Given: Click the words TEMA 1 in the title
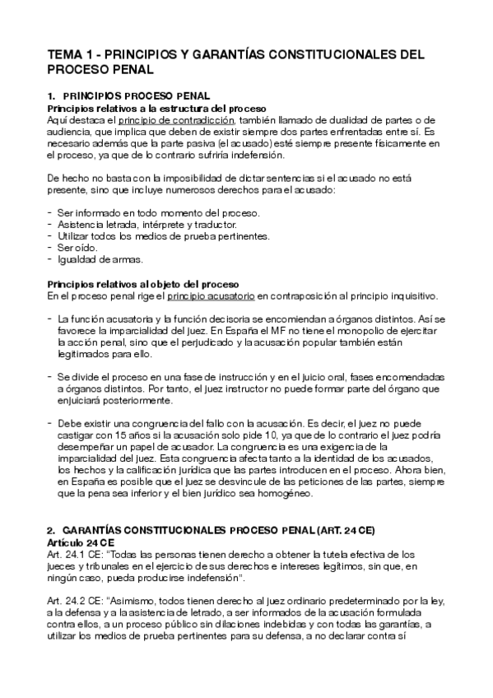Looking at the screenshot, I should [x=71, y=56].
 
